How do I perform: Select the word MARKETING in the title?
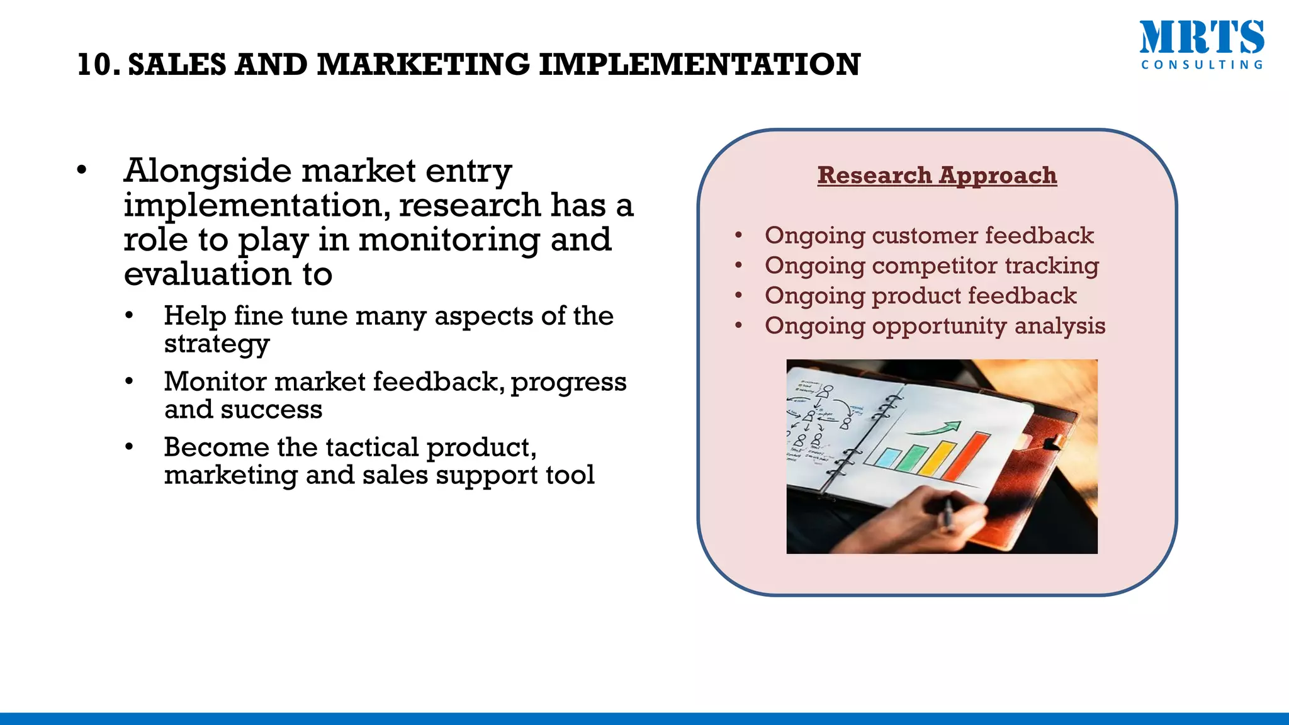423,65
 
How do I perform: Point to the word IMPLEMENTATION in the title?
699,65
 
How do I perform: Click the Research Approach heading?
937,175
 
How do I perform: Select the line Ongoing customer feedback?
929,235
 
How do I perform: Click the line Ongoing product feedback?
920,296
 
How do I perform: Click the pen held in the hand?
946,513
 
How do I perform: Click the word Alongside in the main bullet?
208,171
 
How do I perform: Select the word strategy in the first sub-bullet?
217,344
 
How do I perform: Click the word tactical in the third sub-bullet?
371,447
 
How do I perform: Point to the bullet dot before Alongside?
81,171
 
